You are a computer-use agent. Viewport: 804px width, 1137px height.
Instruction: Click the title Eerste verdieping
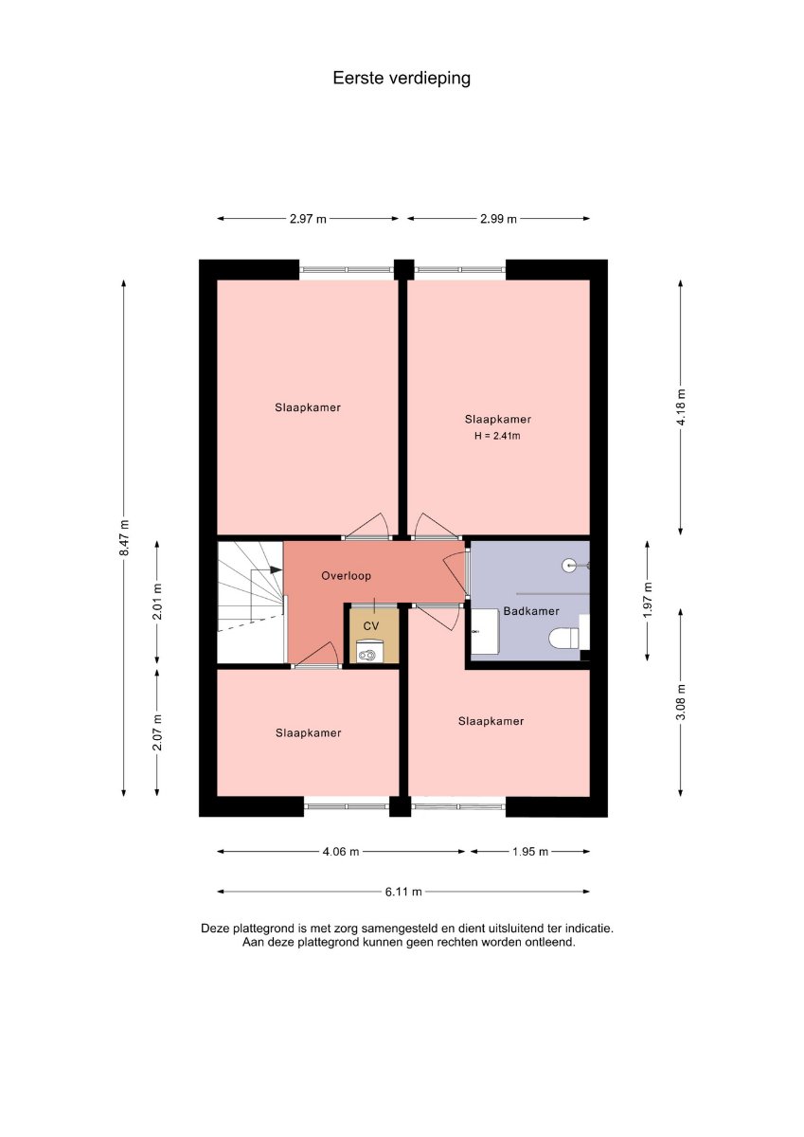[402, 79]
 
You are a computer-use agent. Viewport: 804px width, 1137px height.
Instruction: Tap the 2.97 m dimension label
[308, 219]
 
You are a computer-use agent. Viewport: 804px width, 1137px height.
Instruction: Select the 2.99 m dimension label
[498, 219]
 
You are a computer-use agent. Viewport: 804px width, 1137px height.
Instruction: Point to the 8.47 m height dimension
[124, 537]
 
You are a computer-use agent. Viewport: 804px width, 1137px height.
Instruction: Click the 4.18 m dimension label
[681, 407]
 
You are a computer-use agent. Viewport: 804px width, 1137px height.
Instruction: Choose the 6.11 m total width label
[403, 892]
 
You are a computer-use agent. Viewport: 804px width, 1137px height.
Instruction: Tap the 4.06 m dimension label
[341, 851]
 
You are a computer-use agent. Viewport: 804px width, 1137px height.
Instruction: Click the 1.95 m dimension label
[530, 851]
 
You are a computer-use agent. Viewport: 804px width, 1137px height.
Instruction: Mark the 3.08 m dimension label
[681, 702]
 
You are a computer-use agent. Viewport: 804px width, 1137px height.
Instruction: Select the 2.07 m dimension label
[157, 732]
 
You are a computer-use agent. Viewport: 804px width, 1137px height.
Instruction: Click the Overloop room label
[346, 576]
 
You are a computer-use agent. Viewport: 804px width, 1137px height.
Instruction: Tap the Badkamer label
[531, 611]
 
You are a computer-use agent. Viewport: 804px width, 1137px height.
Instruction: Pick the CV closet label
[371, 626]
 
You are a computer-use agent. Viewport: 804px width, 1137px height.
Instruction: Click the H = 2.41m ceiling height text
[497, 436]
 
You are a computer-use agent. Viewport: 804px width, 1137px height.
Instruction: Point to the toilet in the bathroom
[565, 638]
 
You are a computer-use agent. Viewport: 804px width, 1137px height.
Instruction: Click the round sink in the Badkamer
[568, 565]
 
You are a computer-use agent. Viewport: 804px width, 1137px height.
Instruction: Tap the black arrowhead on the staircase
[276, 569]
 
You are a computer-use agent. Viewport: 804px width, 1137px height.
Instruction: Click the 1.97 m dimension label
[647, 601]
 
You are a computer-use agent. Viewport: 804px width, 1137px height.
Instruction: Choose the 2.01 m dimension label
[157, 601]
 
